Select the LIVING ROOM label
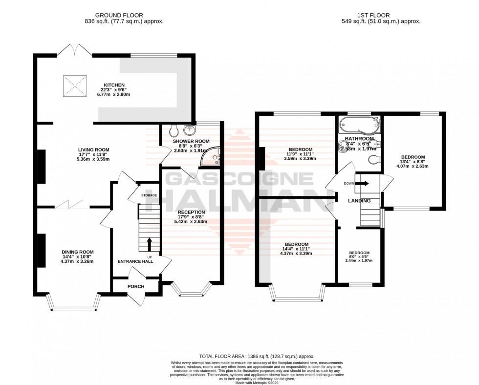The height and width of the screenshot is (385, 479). click(x=94, y=150)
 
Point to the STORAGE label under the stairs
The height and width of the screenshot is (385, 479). click(x=149, y=195)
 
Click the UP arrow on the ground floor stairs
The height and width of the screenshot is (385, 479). click(x=150, y=244)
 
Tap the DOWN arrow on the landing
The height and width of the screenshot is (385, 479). click(x=362, y=184)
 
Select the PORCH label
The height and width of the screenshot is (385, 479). click(x=136, y=286)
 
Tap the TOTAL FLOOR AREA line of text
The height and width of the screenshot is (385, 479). click(x=257, y=357)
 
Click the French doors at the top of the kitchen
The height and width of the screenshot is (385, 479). click(x=69, y=50)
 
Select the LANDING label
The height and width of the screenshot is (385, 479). click(x=359, y=201)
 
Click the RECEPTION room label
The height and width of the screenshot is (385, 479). click(x=191, y=212)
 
